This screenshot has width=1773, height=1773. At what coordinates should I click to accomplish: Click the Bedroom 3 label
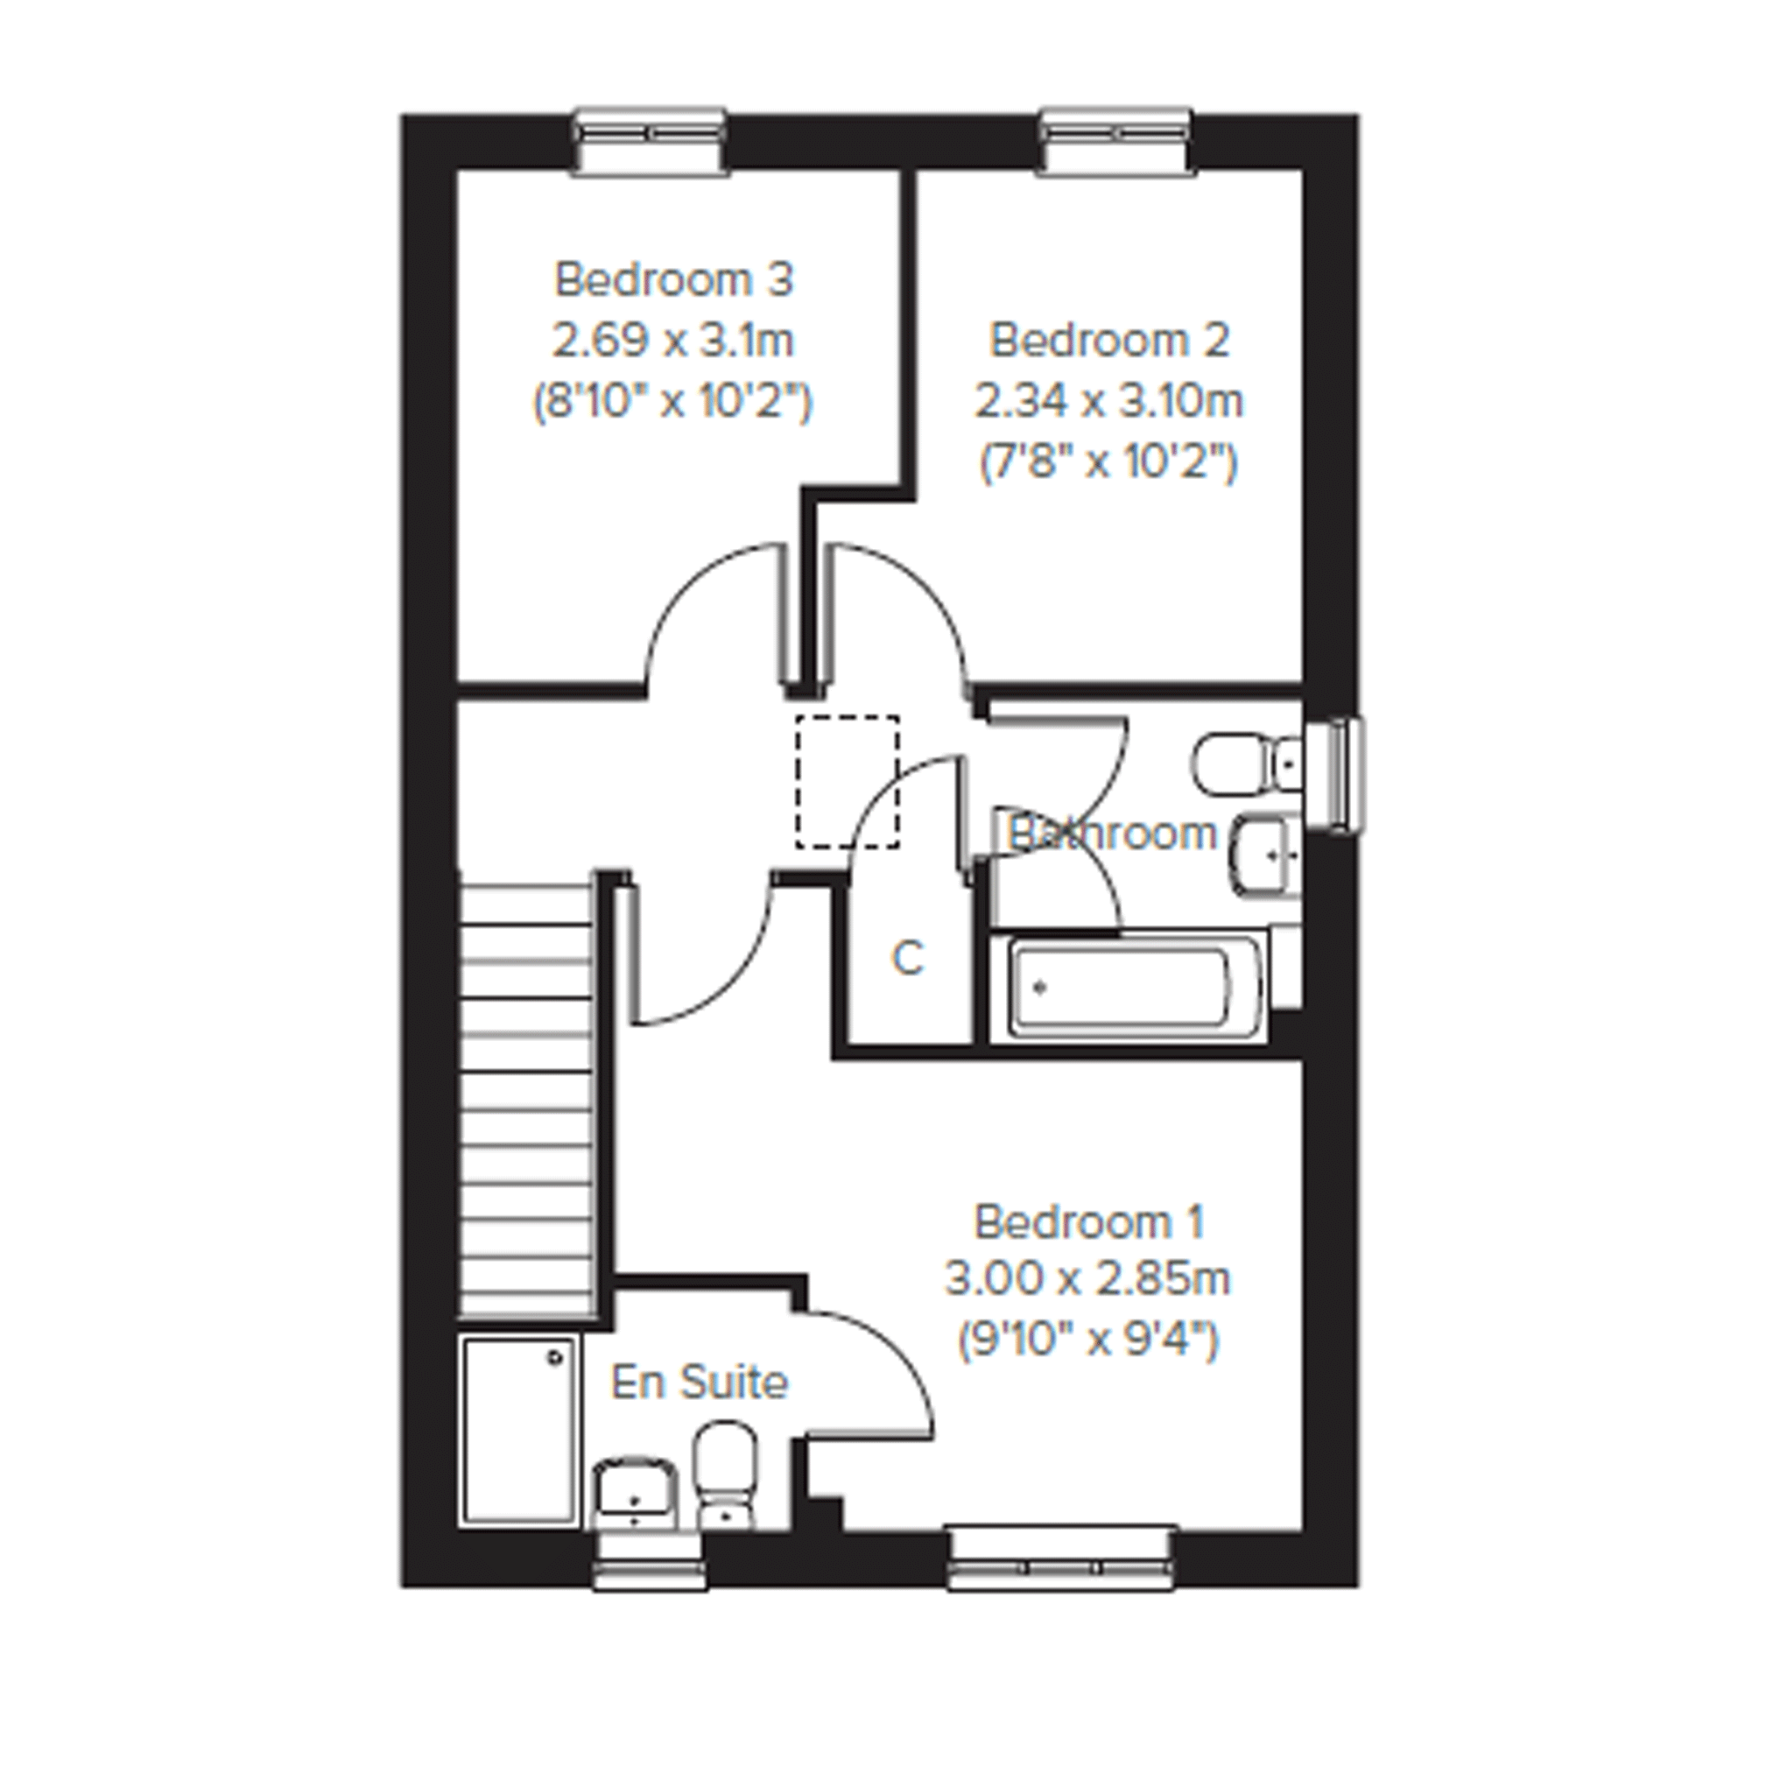(x=673, y=280)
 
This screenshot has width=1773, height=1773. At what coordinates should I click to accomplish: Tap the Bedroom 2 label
(x=1108, y=341)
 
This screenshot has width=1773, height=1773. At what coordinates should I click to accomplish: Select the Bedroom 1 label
(x=1088, y=1222)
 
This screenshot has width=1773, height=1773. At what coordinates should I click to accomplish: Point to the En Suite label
(x=700, y=1383)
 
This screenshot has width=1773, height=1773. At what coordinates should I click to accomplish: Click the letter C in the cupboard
(x=907, y=959)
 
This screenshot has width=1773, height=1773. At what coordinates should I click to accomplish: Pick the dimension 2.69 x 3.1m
(x=672, y=341)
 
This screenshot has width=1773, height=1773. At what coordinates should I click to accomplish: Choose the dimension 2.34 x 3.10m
(x=1108, y=402)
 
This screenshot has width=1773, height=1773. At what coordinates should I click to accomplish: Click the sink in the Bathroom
(x=1266, y=854)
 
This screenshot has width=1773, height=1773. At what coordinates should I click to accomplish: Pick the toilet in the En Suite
(x=725, y=1474)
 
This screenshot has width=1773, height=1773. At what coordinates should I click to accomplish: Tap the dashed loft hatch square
(x=847, y=782)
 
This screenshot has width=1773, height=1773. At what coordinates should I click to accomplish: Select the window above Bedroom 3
(x=651, y=141)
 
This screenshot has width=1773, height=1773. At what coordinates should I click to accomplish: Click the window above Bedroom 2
(x=1116, y=141)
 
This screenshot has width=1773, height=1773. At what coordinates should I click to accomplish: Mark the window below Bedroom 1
(x=1062, y=1558)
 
